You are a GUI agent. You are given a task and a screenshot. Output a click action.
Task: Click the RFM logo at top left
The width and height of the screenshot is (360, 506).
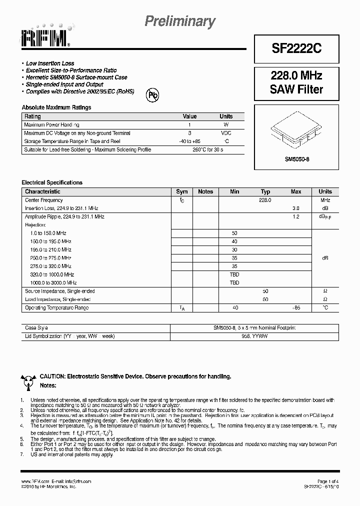click(45, 35)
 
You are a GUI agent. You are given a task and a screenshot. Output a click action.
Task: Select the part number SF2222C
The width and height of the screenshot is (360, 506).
click(296, 48)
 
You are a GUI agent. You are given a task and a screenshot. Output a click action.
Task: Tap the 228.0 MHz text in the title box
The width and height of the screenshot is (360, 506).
click(296, 76)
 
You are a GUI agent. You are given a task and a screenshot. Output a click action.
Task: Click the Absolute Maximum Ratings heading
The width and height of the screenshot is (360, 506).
click(56, 107)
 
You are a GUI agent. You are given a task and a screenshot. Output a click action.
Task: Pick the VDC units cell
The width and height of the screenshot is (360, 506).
click(226, 133)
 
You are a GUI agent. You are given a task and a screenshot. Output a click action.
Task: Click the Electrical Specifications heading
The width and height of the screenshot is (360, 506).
click(52, 182)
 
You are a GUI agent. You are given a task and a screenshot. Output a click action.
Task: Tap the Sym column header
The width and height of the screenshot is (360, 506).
click(182, 191)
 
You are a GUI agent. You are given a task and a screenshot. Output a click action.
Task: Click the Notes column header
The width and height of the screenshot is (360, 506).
click(205, 191)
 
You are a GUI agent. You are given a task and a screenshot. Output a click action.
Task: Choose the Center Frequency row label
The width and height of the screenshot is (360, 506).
click(44, 200)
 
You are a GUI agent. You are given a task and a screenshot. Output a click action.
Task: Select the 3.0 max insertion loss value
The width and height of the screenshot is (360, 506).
click(295, 208)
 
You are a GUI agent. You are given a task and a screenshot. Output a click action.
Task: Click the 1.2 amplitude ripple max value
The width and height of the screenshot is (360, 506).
click(295, 216)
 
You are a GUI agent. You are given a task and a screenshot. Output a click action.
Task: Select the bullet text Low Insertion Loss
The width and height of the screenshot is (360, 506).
click(50, 63)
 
